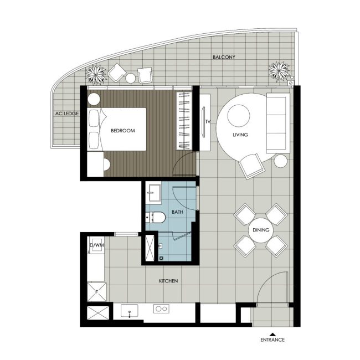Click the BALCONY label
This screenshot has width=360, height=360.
[x=224, y=57]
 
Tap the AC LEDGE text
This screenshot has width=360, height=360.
[x=66, y=114]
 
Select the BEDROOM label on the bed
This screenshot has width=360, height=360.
[x=122, y=131]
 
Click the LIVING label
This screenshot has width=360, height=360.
[x=240, y=135]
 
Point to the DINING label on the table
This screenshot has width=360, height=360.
[x=260, y=230]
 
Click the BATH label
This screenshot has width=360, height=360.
[x=177, y=212]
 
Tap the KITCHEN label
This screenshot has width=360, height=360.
[x=168, y=281]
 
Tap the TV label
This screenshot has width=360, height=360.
[x=208, y=121]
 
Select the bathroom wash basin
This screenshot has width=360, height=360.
[x=154, y=194]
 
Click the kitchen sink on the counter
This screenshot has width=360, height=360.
[x=129, y=311]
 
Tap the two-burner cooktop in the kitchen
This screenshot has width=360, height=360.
[x=161, y=310]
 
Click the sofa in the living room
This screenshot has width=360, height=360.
[x=277, y=122]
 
